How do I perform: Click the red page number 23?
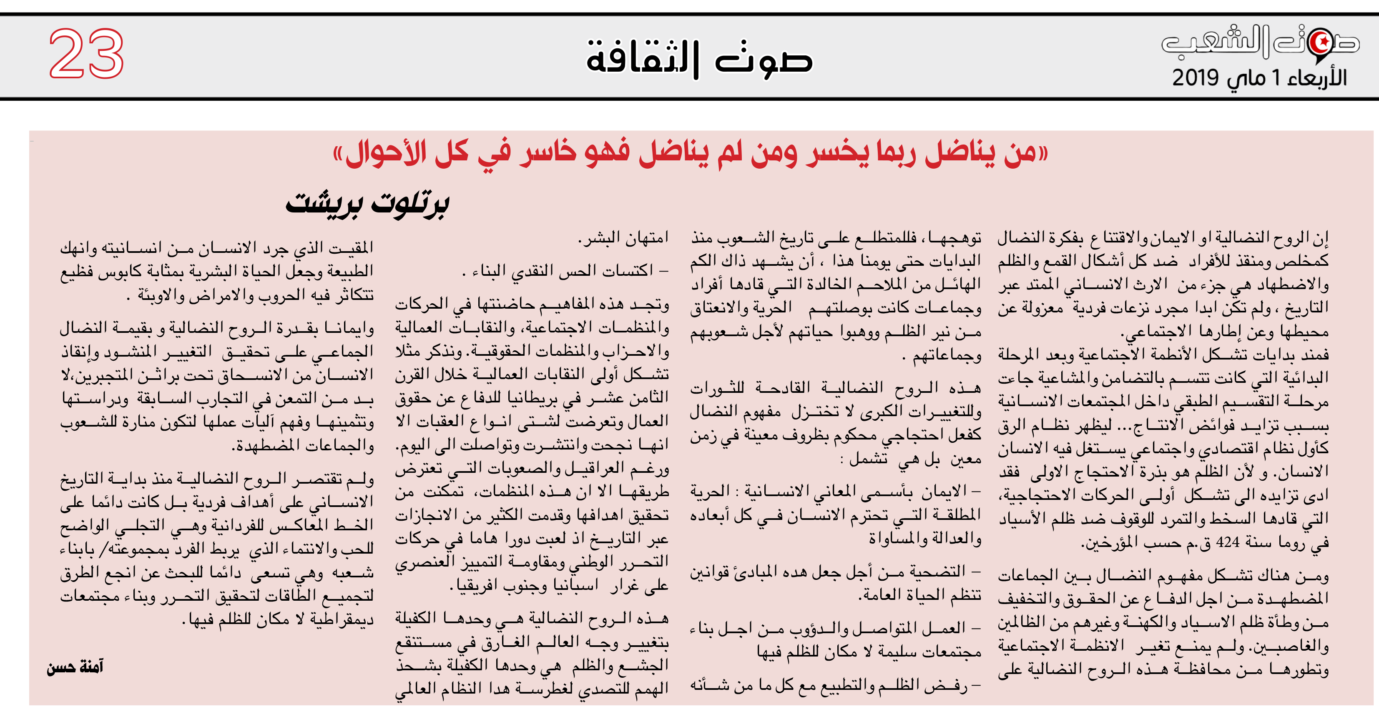[86, 53]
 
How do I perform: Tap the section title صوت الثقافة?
[699, 58]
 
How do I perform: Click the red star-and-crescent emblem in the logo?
[1321, 41]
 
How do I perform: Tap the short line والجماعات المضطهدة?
[302, 446]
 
